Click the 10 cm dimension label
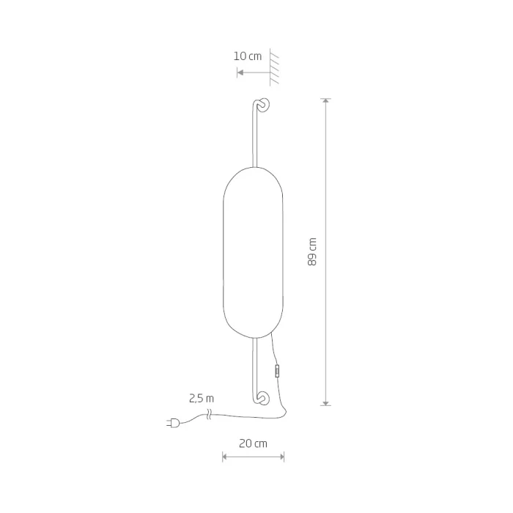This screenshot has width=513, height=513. [248, 56]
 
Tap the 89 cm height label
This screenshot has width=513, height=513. [312, 252]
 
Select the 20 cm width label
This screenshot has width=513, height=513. [253, 443]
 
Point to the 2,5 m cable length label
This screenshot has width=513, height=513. [202, 399]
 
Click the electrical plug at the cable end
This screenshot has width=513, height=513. [174, 423]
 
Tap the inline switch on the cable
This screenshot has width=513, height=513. [277, 372]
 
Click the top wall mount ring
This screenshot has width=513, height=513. [264, 104]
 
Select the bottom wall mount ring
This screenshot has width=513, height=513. [264, 398]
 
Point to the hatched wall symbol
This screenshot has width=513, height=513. [274, 67]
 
